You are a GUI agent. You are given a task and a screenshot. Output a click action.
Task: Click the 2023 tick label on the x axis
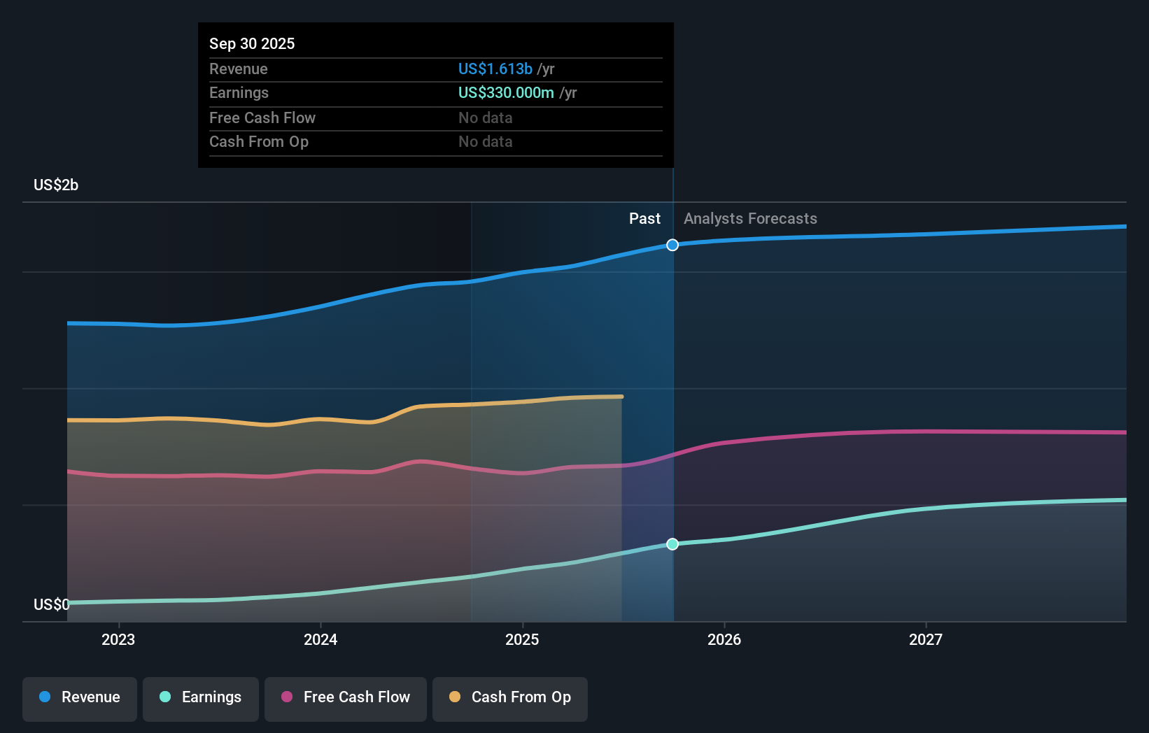tap(118, 639)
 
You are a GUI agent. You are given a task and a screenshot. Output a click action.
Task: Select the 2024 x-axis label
tap(320, 639)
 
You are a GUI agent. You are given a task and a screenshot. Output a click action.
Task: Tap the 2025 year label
tap(522, 639)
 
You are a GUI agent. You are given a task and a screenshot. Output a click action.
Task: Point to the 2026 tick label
tap(724, 639)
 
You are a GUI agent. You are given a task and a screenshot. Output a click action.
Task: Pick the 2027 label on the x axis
tap(926, 639)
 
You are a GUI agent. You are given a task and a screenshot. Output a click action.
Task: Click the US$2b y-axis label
tap(56, 185)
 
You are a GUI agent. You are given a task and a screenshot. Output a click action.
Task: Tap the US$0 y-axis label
tap(51, 604)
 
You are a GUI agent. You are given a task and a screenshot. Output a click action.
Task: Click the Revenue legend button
tap(80, 697)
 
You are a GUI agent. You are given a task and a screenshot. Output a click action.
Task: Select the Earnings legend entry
tap(201, 697)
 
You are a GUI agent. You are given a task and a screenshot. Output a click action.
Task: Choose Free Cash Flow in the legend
tap(346, 697)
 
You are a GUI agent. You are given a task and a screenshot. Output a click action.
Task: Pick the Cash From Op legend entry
tap(510, 697)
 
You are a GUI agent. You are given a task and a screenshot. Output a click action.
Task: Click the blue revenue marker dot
tap(672, 245)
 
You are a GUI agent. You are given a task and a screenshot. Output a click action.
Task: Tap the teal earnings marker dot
tap(672, 544)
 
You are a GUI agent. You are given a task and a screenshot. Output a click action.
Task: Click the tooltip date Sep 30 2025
tap(252, 43)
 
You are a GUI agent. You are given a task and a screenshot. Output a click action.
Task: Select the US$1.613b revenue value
tap(495, 69)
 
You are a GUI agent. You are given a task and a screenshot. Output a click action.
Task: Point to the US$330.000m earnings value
tap(506, 92)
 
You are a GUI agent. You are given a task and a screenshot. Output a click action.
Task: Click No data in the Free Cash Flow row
tap(486, 118)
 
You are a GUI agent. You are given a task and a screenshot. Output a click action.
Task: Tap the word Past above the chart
tap(644, 218)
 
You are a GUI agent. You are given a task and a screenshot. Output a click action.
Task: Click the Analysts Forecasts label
tap(750, 218)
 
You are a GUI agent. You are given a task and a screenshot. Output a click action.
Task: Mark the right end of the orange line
tap(621, 397)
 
